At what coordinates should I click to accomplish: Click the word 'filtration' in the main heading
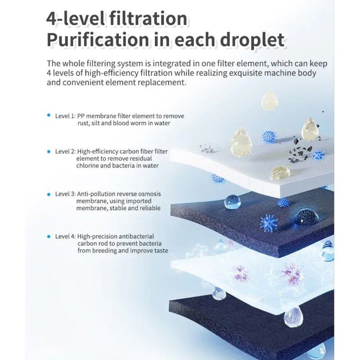148,18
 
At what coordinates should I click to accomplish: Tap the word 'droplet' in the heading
252,40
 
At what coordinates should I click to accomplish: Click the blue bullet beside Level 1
49,115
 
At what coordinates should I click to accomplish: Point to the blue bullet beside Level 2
49,152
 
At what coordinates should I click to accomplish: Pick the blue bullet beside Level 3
49,194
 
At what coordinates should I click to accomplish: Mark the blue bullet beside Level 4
49,237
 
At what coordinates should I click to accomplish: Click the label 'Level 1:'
65,116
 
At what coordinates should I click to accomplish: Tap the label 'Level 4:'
65,237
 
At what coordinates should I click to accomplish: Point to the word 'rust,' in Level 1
83,123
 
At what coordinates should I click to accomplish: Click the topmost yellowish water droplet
270,100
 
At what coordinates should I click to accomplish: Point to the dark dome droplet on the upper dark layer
307,217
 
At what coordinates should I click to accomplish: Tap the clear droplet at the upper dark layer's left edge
232,202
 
